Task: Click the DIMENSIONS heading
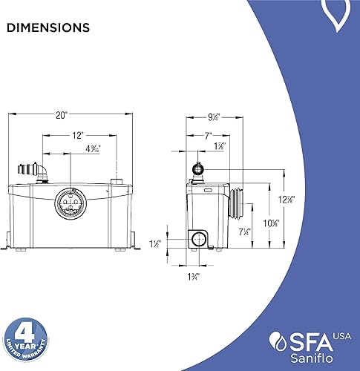tap(48, 28)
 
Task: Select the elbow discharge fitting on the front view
tap(39, 171)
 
